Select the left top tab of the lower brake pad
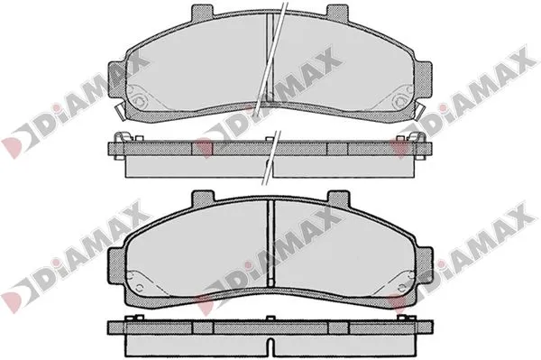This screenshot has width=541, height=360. point(203,198)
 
